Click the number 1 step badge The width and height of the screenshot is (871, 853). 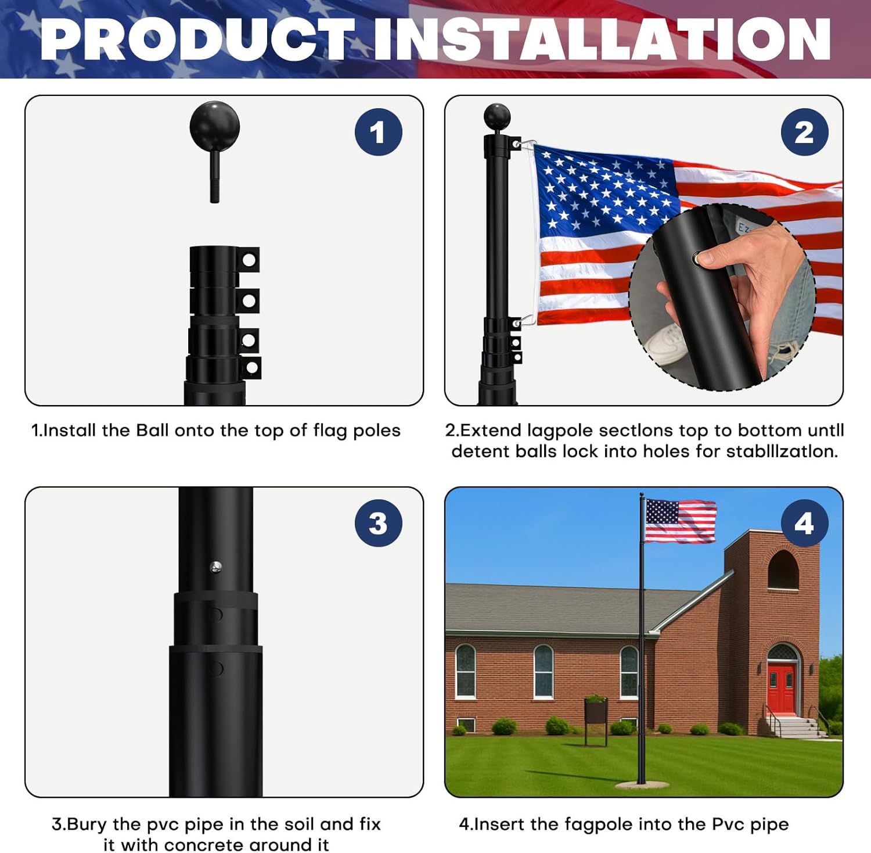tap(378, 132)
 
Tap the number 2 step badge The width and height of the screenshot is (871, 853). tap(804, 132)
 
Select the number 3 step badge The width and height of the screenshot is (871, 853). tap(378, 523)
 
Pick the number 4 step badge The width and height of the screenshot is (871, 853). tap(804, 523)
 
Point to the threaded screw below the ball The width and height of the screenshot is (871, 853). tap(214, 177)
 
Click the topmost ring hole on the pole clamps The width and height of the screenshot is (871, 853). tap(249, 260)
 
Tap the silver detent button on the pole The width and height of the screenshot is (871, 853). tap(215, 567)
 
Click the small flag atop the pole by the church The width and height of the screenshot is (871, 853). tap(680, 521)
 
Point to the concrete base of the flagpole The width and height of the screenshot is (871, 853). tap(640, 785)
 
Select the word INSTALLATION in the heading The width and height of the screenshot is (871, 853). tap(602, 40)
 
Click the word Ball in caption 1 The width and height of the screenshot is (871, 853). tap(152, 431)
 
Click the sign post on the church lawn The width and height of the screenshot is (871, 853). tap(596, 721)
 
